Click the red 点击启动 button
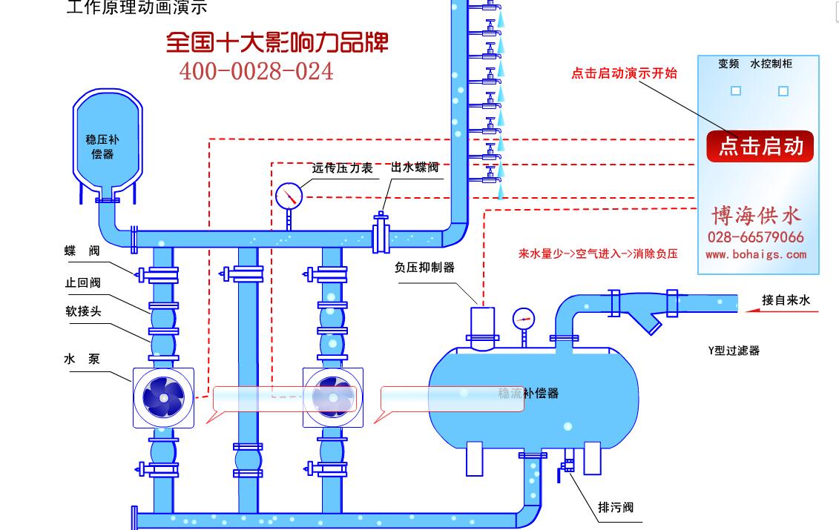[760, 146]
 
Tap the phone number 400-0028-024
[256, 71]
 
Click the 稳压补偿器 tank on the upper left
[107, 144]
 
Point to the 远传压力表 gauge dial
[289, 196]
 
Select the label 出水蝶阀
[415, 168]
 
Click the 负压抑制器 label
[424, 268]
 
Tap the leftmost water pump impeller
[163, 398]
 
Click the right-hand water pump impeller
[333, 398]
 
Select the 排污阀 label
[616, 508]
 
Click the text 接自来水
[786, 300]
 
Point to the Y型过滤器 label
[734, 351]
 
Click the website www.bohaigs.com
[755, 254]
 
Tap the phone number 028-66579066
[755, 237]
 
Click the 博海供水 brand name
[756, 215]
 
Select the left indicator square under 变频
[736, 91]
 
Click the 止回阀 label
[82, 282]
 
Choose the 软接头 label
[83, 311]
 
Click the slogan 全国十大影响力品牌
[277, 42]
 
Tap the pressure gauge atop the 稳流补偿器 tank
[523, 319]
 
